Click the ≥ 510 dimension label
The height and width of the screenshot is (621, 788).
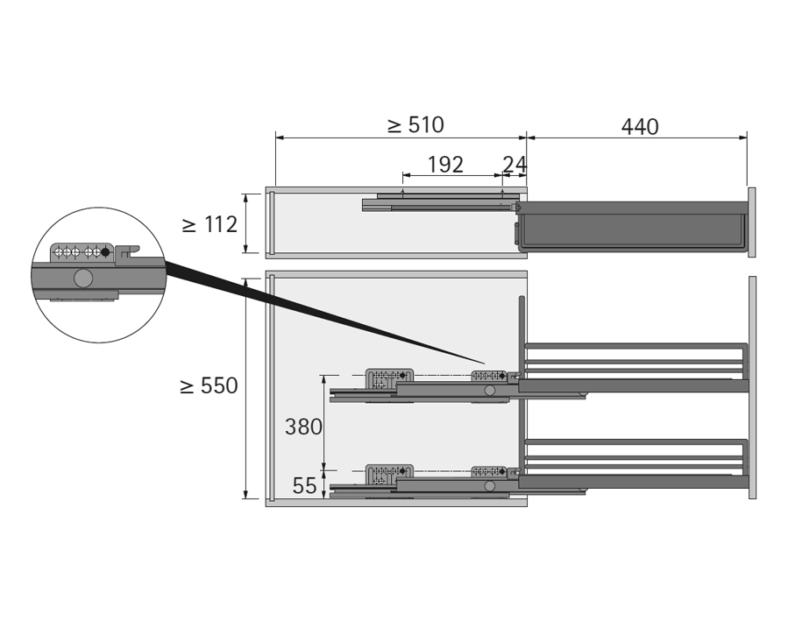pos(415,125)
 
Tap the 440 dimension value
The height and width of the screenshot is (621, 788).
pos(640,127)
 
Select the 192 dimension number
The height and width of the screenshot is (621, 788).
pos(445,165)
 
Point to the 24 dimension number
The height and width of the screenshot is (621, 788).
pos(515,165)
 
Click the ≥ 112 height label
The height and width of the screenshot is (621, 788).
pos(209,224)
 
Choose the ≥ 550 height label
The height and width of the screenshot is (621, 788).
pos(209,385)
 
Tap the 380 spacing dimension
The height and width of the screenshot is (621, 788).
pos(303,427)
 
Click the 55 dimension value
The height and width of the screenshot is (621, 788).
pos(304,486)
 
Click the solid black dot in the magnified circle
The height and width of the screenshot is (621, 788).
pos(105,252)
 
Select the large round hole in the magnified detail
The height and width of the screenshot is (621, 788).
pos(83,279)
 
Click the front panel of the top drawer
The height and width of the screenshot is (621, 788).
pos(752,222)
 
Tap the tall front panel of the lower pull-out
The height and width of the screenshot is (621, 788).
pos(752,387)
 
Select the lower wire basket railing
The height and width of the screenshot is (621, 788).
pos(635,456)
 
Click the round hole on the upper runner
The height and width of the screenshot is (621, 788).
pos(490,391)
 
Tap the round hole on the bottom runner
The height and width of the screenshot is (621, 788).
pos(490,486)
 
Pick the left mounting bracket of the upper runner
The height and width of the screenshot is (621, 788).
pos(389,379)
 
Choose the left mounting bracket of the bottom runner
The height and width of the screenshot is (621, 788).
pos(389,475)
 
